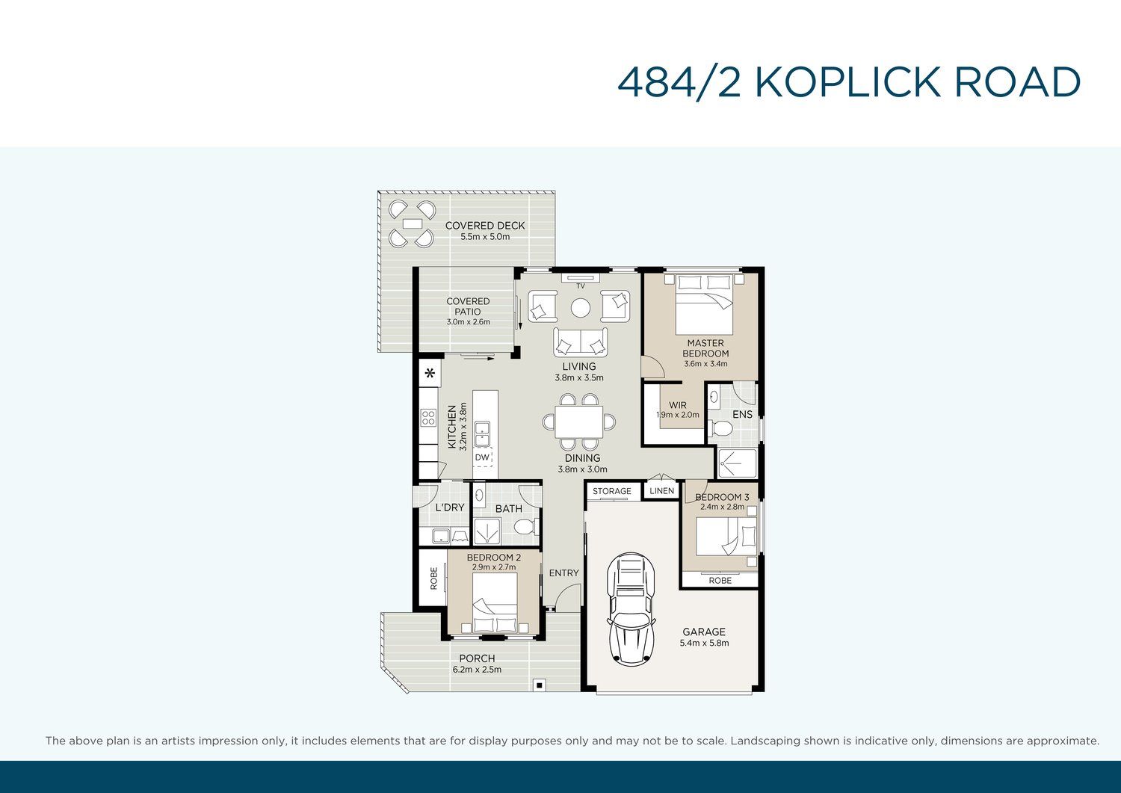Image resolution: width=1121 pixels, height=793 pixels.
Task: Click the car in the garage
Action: click(631, 609)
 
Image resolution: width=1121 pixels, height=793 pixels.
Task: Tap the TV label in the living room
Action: click(581, 286)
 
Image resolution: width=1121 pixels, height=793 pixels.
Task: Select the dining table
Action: click(579, 422)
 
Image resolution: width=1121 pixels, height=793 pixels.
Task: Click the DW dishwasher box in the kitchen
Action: click(483, 457)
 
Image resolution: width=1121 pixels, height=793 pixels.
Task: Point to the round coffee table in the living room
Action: click(581, 308)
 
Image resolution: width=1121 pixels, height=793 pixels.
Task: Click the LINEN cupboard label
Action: click(661, 490)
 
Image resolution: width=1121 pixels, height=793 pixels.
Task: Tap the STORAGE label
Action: click(611, 491)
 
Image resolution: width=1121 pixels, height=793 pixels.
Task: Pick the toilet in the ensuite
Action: click(720, 428)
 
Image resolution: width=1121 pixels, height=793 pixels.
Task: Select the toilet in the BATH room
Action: click(526, 527)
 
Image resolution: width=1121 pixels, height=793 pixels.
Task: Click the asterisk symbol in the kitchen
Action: click(430, 373)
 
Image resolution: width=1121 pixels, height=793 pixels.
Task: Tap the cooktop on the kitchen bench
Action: click(428, 418)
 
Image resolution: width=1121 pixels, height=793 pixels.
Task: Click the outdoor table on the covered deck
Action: click(411, 223)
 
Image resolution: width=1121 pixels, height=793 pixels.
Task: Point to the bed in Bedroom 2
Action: click(495, 603)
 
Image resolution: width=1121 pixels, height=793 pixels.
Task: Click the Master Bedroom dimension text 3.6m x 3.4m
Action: click(705, 364)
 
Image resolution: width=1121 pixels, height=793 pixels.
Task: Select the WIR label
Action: click(678, 405)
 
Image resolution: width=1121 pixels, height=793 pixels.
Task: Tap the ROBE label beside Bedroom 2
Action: click(433, 578)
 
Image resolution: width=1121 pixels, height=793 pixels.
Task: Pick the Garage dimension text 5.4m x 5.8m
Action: click(704, 643)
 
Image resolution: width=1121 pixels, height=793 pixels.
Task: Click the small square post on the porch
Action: click(539, 685)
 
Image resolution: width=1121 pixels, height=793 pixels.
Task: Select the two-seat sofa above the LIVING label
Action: click(581, 342)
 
